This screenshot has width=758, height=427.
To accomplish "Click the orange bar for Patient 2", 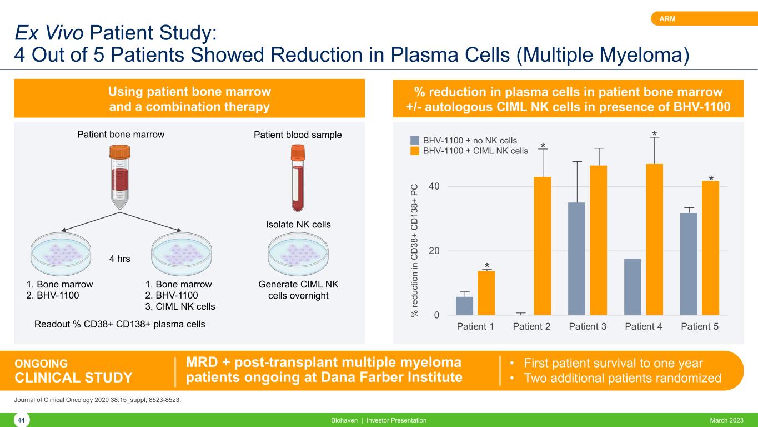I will [542, 246].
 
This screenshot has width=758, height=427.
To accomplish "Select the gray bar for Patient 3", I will [576, 259].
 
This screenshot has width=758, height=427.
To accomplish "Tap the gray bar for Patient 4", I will [632, 287].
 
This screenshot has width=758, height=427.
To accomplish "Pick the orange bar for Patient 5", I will [710, 248].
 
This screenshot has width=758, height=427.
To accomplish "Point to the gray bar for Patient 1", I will [464, 306].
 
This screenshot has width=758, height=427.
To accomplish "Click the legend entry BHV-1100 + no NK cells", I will [470, 140].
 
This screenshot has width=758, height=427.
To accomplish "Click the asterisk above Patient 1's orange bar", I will [486, 266].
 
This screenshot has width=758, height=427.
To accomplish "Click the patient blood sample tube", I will [298, 178].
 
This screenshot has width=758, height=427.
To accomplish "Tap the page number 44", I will [21, 421].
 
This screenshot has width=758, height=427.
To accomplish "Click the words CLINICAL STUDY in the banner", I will [73, 378].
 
